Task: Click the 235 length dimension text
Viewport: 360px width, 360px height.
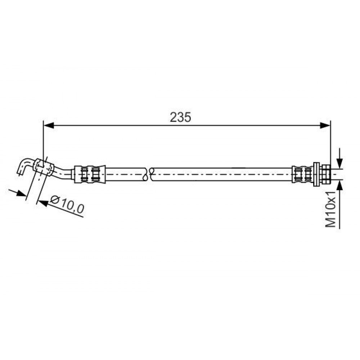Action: pos(180,117)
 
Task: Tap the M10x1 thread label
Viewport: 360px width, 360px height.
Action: pos(330,210)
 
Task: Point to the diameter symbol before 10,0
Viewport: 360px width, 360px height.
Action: pos(55,200)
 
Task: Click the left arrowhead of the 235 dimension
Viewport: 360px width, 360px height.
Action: pos(49,125)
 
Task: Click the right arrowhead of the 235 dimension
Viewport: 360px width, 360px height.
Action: pos(325,125)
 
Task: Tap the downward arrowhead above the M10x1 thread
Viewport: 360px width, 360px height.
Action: pos(339,163)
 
